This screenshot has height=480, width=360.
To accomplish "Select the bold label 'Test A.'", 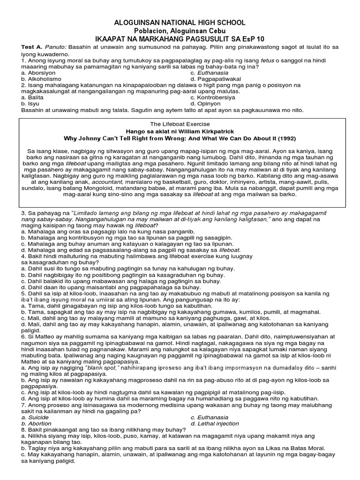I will tap(32, 48).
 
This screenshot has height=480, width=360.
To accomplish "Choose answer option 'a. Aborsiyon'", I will tap(38, 73).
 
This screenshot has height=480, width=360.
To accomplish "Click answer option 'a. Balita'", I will tap(33, 97).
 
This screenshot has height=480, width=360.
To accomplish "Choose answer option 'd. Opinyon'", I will tap(207, 104).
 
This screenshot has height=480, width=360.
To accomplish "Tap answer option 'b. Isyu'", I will tap(30, 104).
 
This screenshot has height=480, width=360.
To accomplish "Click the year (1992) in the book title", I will tap(286, 139).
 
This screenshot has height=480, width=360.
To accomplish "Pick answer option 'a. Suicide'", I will tap(35, 417).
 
